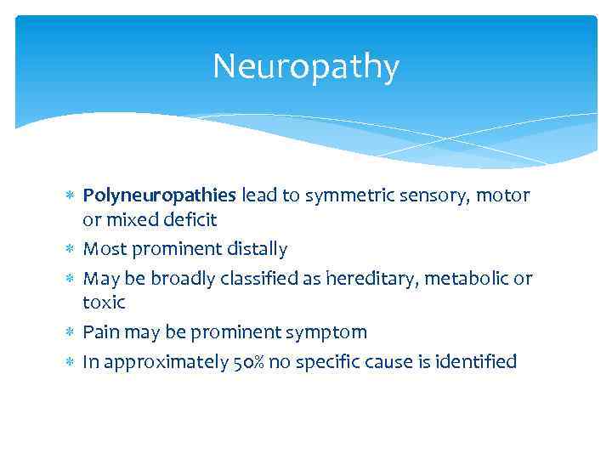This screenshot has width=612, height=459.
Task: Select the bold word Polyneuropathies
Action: coord(160,196)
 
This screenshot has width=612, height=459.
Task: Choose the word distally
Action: coord(257,249)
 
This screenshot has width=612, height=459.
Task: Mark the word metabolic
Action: coord(469,279)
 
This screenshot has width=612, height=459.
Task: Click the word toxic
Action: coord(104,303)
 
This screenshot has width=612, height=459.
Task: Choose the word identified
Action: coord(474,362)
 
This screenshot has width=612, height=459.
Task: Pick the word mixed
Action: coord(126,220)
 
